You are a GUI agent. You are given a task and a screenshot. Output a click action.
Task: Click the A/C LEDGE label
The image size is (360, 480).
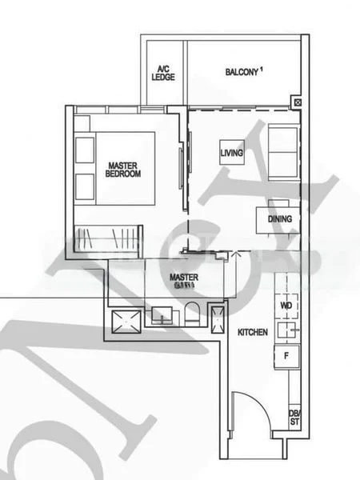coord(163,73)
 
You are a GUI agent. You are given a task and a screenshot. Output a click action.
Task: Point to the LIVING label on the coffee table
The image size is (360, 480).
coord(232,152)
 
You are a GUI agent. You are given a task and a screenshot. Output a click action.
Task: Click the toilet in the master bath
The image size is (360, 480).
coord(192,314)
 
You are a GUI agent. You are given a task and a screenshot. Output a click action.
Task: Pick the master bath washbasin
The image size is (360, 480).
coord(161,317)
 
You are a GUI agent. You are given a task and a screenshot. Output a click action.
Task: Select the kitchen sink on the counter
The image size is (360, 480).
coord(285,330)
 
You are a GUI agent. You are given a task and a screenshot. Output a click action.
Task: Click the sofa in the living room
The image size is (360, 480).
coord(282,152)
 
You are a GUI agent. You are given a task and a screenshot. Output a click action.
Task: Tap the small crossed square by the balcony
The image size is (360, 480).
coord(298,103)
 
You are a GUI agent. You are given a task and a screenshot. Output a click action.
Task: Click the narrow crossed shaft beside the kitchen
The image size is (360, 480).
coord(217,317)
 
